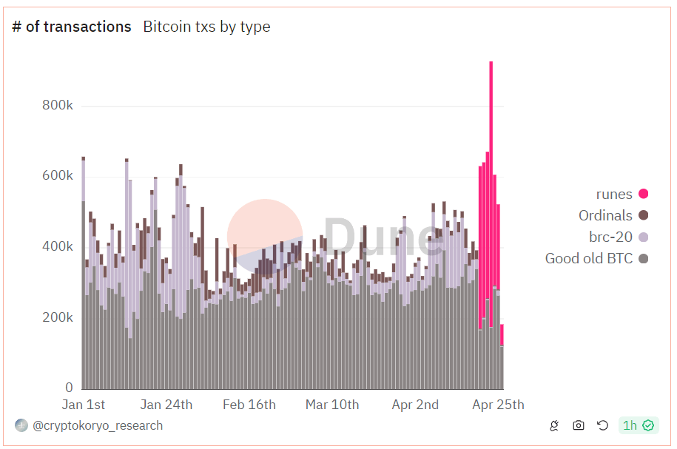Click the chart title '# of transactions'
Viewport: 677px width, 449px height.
(72, 27)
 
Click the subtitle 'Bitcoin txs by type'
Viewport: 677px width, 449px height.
(206, 27)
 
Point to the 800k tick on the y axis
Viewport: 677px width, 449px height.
(58, 106)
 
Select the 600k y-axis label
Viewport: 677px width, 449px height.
(58, 176)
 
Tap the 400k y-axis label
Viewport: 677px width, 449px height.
(58, 246)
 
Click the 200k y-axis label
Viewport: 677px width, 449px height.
(58, 317)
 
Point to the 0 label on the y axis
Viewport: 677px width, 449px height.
(69, 388)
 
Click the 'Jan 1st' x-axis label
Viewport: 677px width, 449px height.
(83, 405)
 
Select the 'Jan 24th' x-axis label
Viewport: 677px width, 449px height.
(166, 405)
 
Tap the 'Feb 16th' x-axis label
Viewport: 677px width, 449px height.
(249, 405)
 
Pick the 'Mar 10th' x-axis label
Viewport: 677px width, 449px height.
(332, 405)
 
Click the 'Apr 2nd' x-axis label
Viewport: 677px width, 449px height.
(415, 405)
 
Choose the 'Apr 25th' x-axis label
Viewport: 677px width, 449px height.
(498, 405)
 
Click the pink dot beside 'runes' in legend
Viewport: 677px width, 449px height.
(644, 195)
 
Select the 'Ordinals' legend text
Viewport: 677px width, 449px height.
(605, 215)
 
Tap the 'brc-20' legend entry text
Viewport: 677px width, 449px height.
(610, 237)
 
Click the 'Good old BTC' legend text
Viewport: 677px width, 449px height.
(589, 258)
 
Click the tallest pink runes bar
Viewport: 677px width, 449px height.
(491, 148)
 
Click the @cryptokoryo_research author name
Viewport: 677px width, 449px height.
(98, 425)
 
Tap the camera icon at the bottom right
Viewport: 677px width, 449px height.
(579, 425)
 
